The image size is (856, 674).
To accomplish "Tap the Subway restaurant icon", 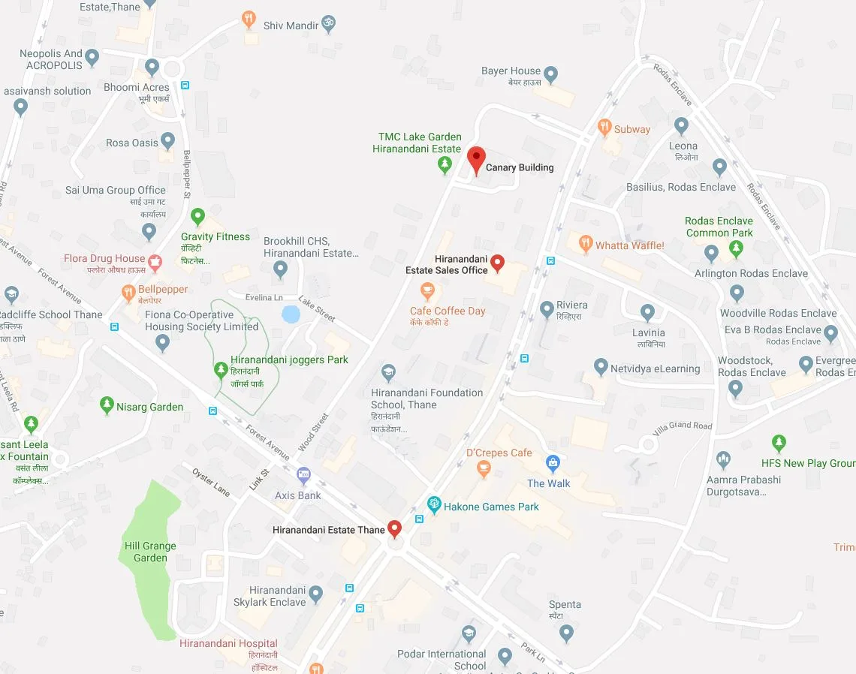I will pyautogui.click(x=604, y=128).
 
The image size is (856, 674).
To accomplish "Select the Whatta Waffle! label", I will pyautogui.click(x=629, y=245).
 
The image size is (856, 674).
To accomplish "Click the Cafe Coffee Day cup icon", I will pyautogui.click(x=427, y=290).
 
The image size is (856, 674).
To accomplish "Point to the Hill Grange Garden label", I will pyautogui.click(x=150, y=552).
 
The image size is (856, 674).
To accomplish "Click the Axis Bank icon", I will pyautogui.click(x=303, y=474).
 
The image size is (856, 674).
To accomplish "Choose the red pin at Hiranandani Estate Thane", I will pyautogui.click(x=394, y=528).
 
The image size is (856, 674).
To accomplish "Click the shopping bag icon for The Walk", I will pyautogui.click(x=553, y=462).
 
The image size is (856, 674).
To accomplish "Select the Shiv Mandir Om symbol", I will pyautogui.click(x=327, y=24).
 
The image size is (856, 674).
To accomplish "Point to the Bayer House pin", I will pyautogui.click(x=550, y=74).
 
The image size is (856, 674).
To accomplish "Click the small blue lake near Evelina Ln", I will pyautogui.click(x=291, y=314).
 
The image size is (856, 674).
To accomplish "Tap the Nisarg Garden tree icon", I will pyautogui.click(x=107, y=406).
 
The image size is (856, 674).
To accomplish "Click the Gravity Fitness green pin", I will pyautogui.click(x=197, y=217).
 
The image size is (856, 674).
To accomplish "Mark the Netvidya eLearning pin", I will pyautogui.click(x=600, y=367).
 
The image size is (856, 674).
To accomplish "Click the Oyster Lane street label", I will pyautogui.click(x=210, y=481).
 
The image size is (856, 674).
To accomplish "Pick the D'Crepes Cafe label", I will pyautogui.click(x=499, y=453).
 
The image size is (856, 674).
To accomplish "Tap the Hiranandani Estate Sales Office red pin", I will pyautogui.click(x=497, y=263).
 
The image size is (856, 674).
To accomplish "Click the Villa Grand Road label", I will pyautogui.click(x=682, y=426).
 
